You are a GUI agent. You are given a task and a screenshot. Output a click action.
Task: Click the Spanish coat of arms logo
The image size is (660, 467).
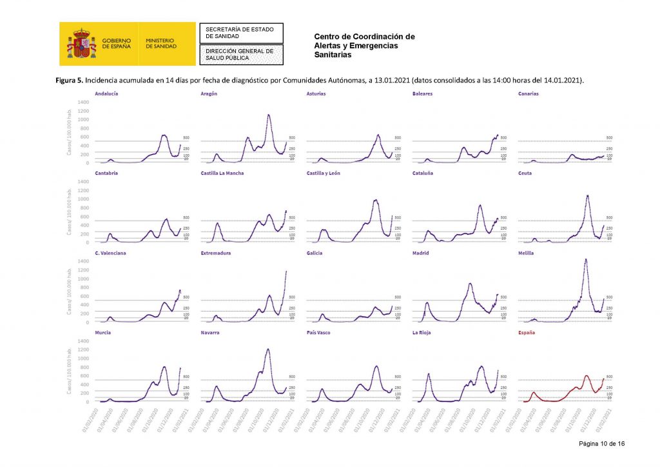tap(81, 43)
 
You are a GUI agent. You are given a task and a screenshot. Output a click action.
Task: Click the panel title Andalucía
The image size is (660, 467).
tap(106, 94)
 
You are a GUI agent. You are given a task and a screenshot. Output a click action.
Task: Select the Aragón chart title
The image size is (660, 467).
tap(209, 94)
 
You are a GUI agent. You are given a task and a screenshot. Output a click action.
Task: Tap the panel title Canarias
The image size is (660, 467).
tap(528, 94)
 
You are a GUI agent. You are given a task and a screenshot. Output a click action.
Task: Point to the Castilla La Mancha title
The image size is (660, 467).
tap(222, 174)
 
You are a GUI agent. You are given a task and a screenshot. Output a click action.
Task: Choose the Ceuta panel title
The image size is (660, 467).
tap(525, 174)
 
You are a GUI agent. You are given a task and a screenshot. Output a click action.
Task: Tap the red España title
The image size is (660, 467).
tap(526, 333)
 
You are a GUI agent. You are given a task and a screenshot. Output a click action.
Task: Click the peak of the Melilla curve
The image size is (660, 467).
tap(585, 259)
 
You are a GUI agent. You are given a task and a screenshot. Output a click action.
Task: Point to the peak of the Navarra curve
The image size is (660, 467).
tap(267, 349)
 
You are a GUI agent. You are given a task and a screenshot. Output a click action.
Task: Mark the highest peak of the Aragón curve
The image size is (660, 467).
tap(268, 115)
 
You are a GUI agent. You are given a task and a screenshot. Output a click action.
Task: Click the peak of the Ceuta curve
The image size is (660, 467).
tap(587, 195)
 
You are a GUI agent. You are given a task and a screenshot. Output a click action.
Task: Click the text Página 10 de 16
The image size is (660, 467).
tap(601, 444)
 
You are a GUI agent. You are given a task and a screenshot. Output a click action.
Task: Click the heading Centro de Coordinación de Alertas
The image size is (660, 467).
tap(364, 37)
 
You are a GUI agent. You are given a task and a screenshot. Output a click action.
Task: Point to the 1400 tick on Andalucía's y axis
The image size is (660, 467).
tap(83, 102)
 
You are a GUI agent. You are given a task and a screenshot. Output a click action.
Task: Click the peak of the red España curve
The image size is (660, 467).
tap(587, 375)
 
